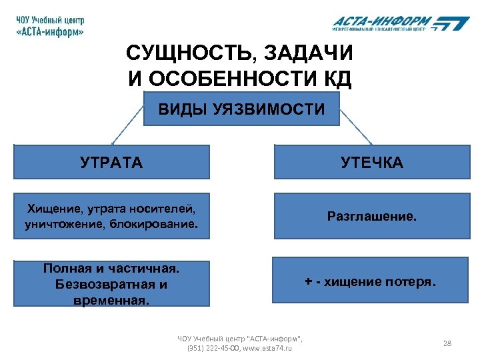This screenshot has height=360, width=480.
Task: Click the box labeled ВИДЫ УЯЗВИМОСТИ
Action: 241,109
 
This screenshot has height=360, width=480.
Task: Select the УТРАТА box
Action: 111,162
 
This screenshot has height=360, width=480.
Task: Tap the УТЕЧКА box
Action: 371,162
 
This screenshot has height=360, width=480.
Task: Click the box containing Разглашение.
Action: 371,216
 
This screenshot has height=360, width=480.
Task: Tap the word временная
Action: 111,300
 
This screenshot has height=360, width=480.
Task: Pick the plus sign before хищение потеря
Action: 308,282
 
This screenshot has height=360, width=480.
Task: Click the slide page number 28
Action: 447,343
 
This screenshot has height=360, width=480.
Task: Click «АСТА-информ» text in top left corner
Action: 50,32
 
